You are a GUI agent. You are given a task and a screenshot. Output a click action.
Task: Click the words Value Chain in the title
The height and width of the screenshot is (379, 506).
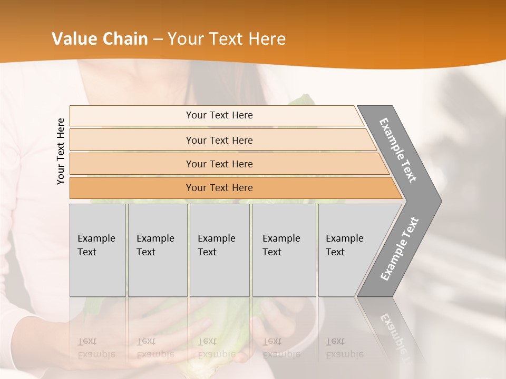point(100,39)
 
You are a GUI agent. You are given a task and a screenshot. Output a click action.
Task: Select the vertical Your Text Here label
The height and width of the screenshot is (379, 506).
point(61,151)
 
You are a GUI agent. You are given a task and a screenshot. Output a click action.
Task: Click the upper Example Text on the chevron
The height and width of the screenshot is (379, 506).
point(398,150)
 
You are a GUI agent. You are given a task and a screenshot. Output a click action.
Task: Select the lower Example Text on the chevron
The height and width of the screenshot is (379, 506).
point(399,249)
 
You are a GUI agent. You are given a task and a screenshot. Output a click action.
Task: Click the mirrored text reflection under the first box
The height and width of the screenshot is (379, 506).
point(96,348)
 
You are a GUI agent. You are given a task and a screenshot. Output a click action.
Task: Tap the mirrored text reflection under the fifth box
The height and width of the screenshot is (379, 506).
point(344,348)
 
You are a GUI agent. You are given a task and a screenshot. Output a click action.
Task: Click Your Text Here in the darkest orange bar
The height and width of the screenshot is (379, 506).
point(219,188)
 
